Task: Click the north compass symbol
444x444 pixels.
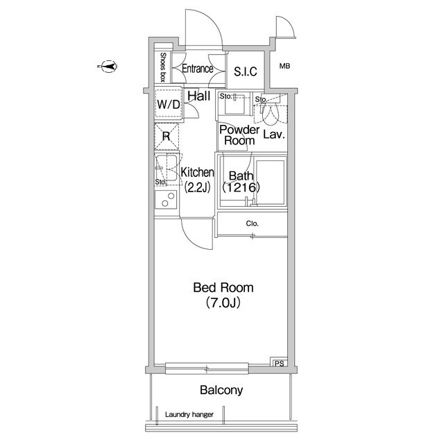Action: (108, 67)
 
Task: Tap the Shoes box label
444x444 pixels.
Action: (163, 67)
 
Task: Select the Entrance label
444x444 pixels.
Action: (197, 69)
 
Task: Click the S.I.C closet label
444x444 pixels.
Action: (246, 71)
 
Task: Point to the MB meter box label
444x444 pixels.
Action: (284, 67)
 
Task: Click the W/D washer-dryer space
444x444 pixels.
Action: (168, 104)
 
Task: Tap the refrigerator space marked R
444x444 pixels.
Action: (166, 137)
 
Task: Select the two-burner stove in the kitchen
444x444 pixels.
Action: (166, 200)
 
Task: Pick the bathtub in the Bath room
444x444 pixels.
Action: (271, 182)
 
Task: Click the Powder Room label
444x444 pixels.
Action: (239, 135)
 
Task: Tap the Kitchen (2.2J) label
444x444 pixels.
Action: (197, 180)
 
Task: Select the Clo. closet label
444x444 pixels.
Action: (253, 223)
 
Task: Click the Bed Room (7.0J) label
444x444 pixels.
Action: (223, 295)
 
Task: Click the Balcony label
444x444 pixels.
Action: (221, 390)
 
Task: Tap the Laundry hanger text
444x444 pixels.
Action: (189, 415)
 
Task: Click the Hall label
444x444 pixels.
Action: (199, 96)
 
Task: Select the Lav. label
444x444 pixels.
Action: (274, 135)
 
